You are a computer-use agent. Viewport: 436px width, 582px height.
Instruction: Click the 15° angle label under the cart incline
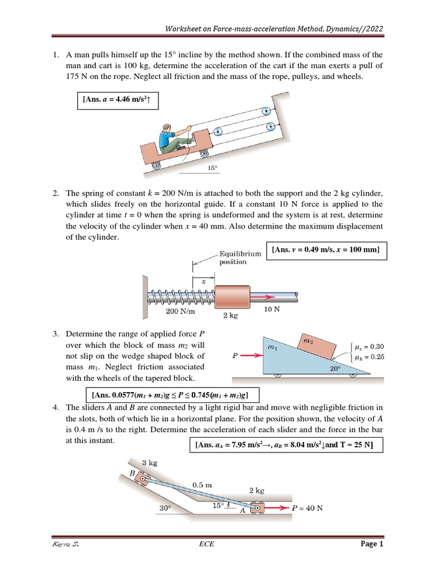212,168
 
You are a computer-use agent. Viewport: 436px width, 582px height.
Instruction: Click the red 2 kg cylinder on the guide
232,296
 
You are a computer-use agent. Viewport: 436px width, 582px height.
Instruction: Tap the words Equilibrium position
240,258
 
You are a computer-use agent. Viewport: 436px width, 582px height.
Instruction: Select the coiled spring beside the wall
179,296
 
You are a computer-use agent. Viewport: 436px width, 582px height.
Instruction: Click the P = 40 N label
307,508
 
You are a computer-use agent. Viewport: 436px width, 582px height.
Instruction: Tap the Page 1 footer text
372,544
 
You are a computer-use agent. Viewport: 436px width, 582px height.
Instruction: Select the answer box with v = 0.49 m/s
326,250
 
